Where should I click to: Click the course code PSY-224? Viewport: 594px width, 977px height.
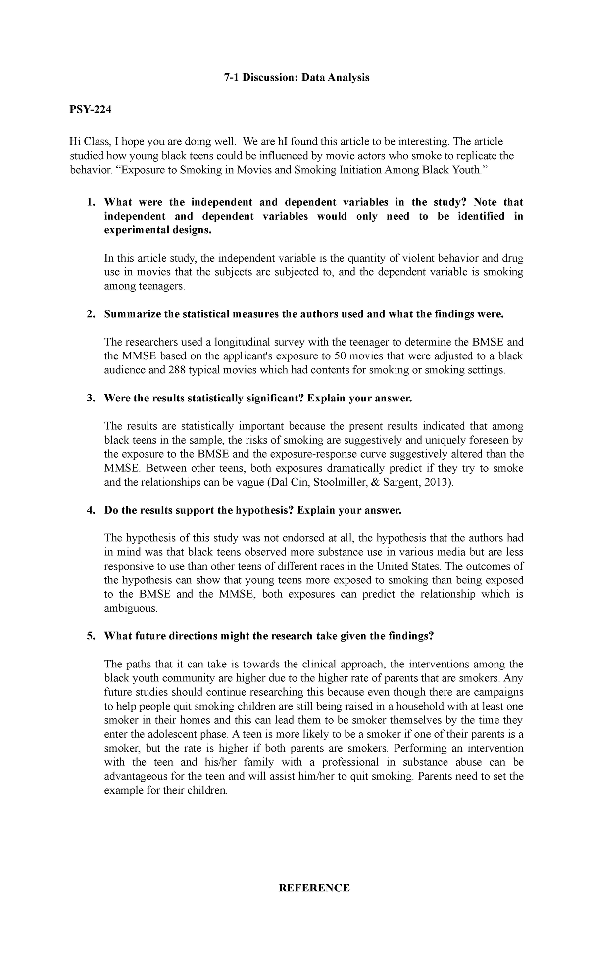tap(90, 110)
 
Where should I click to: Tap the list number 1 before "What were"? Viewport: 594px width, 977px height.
tap(90, 202)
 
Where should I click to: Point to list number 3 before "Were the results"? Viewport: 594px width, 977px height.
tap(90, 399)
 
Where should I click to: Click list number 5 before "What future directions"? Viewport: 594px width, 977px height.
tap(90, 636)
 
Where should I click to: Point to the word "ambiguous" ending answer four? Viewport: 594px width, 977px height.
tap(130, 608)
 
